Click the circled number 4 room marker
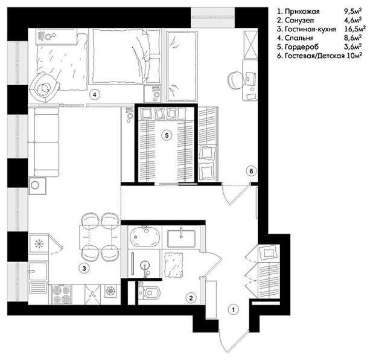point(95,95)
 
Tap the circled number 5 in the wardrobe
point(167,135)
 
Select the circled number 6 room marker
point(252,171)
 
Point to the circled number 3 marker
point(84,268)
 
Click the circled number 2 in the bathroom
point(191,298)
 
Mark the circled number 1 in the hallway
point(234,310)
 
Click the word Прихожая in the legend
point(302,11)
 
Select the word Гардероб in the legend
point(301,47)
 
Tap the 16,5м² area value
point(355,29)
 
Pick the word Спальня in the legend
point(299,38)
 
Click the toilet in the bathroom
point(150,292)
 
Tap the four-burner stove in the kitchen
point(62,294)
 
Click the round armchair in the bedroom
point(44,88)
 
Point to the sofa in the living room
point(43,143)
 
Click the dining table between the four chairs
point(99,237)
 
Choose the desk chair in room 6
point(235,81)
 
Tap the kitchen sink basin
point(38,271)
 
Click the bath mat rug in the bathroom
point(174,265)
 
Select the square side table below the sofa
point(37,186)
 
